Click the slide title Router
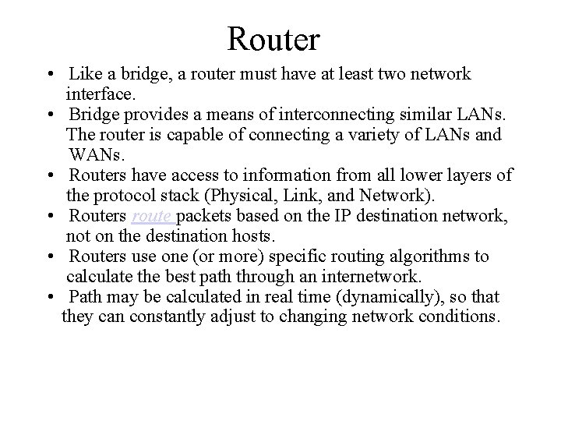[273, 37]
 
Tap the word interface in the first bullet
[101, 95]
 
